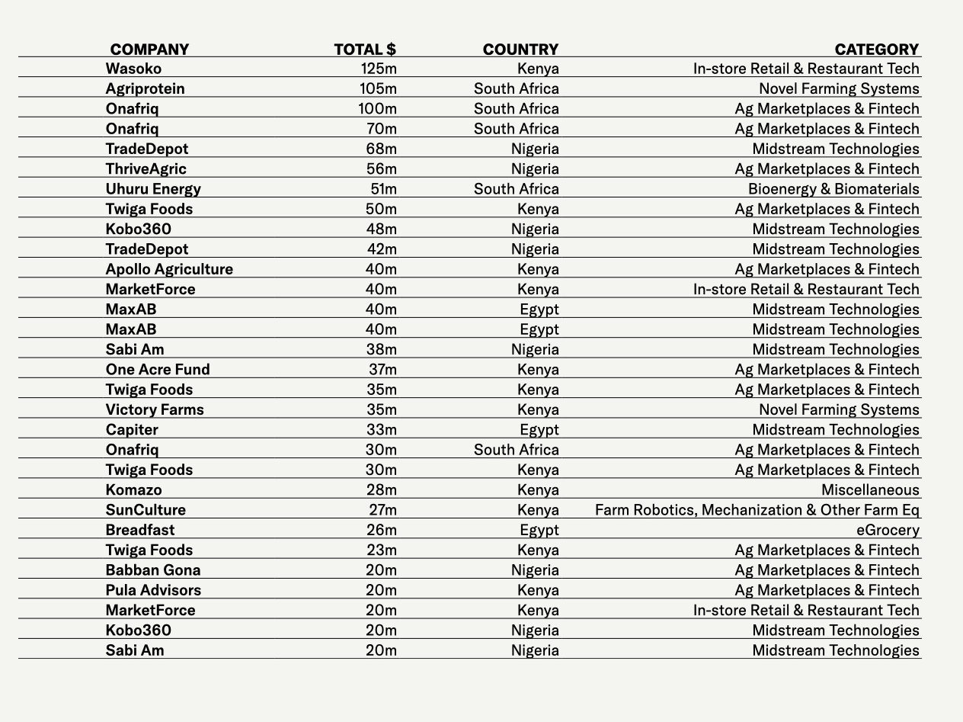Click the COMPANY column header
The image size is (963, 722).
pos(149,50)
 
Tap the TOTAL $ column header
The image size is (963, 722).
pos(364,50)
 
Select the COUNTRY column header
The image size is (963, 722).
pos(520,50)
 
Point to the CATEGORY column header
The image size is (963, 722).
pos(876,50)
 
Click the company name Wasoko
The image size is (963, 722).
pos(133,69)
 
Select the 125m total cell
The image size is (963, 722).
pos(379,69)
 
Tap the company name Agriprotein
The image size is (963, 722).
pos(145,88)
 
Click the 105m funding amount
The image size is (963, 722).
pos(378,88)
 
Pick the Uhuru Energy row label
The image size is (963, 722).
pos(153,189)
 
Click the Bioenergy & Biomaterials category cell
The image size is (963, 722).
pos(833,189)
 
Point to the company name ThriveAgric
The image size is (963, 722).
pos(146,168)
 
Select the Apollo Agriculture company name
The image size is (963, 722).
pos(169,269)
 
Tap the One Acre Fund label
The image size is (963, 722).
pos(158,370)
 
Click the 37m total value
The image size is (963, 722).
pos(382,370)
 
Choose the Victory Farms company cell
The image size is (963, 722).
pos(155,409)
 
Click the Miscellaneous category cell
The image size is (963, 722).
pos(870,489)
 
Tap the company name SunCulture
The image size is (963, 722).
pos(146,510)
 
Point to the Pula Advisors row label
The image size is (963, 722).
pos(153,590)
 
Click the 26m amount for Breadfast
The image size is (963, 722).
pos(381,530)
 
